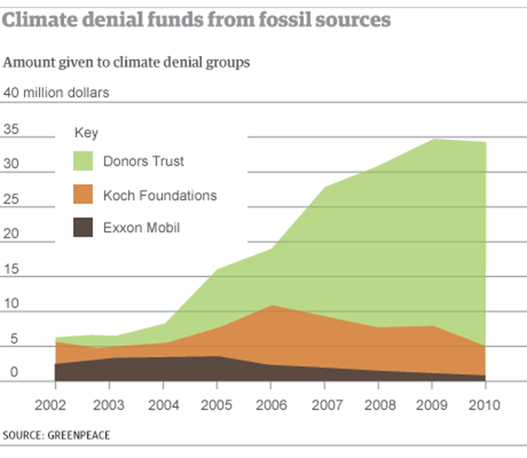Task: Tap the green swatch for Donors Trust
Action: tap(83, 162)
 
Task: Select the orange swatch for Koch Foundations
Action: tap(83, 196)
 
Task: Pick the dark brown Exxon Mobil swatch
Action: tap(83, 228)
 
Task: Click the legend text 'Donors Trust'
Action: tap(143, 161)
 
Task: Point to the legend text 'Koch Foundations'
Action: tap(160, 196)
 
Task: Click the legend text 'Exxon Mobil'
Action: tap(141, 228)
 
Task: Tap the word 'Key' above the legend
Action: tap(86, 132)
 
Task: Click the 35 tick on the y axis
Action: tap(11, 128)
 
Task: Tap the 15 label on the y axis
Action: tap(11, 270)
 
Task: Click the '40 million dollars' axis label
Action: tap(57, 92)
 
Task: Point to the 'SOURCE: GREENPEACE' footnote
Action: tap(57, 434)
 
